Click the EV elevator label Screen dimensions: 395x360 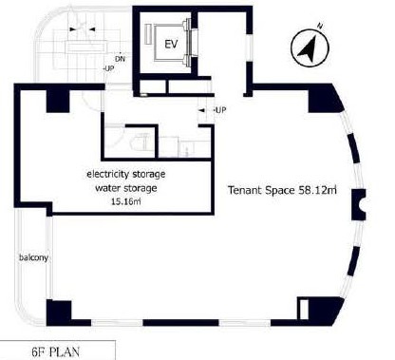click(171, 45)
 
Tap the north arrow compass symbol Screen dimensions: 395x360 click(310, 47)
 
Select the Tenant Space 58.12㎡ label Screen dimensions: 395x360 click(282, 190)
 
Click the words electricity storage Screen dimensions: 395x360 click(126, 174)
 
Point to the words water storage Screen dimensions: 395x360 click(126, 188)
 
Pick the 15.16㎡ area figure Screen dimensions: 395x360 click(126, 201)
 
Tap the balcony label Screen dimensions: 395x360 click(33, 257)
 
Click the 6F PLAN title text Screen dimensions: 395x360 click(56, 351)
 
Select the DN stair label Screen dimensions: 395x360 click(120, 59)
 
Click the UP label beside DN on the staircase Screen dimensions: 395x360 click(109, 68)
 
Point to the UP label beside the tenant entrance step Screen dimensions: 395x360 click(220, 110)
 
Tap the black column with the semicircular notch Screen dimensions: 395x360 click(359, 205)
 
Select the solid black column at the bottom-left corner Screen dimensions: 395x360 click(59, 312)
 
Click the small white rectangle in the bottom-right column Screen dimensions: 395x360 click(304, 309)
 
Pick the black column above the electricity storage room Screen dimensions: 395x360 click(58, 101)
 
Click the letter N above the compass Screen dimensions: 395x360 click(321, 26)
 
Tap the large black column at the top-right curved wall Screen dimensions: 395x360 click(324, 99)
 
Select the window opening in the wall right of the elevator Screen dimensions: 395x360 click(250, 47)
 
